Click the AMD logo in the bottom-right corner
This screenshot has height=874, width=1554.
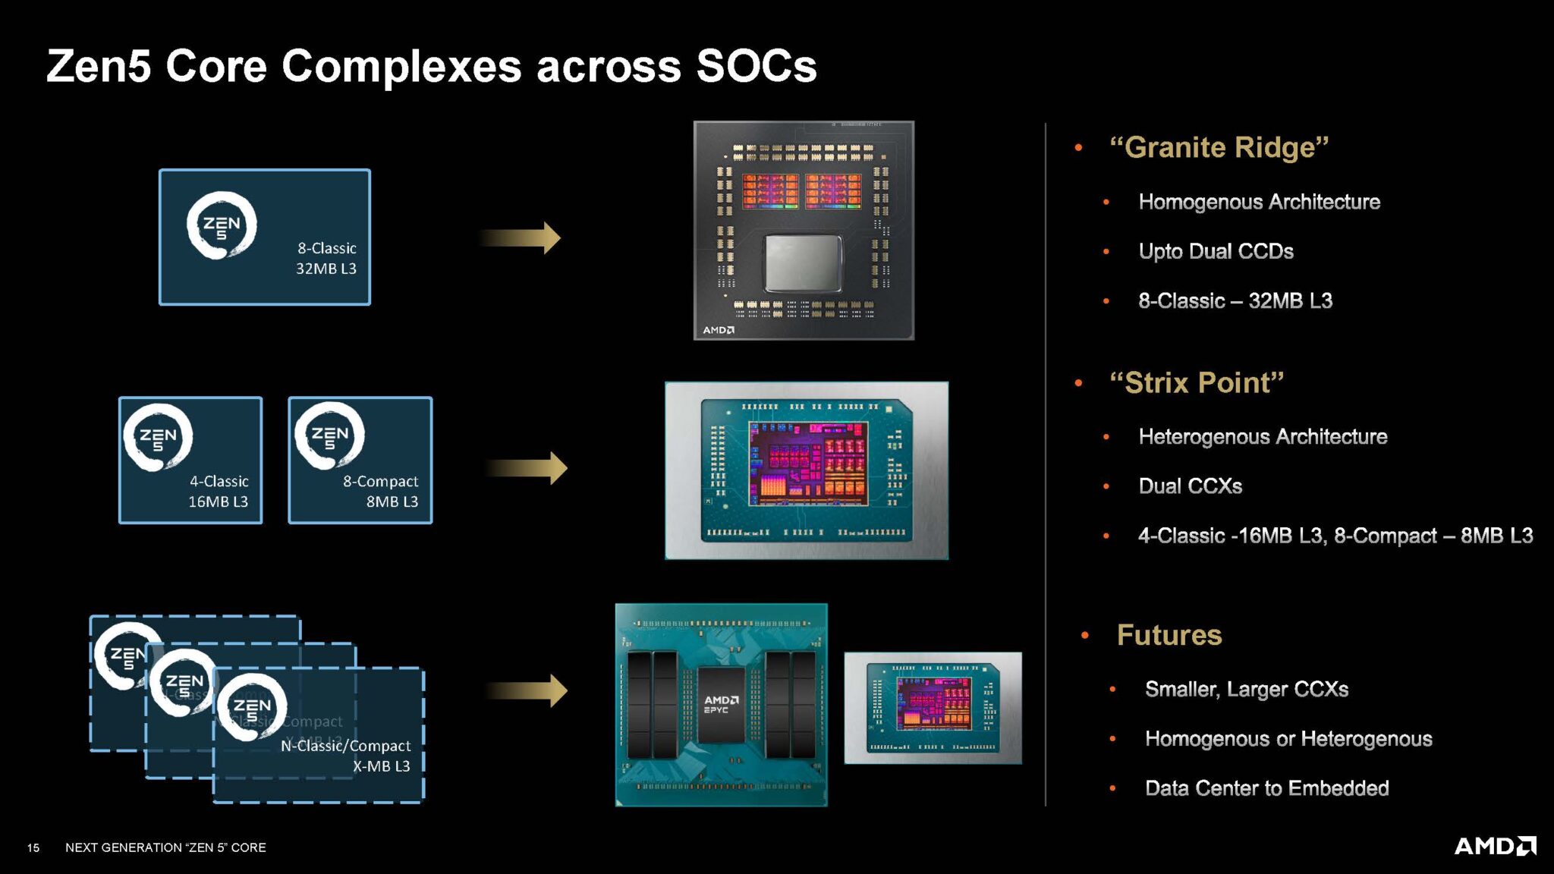click(1494, 846)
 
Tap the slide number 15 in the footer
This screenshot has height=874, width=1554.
click(33, 847)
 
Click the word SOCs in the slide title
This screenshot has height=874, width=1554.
click(756, 66)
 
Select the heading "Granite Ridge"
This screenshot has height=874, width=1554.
click(1219, 147)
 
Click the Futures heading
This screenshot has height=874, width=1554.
click(1169, 635)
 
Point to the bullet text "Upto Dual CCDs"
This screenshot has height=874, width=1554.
click(1216, 251)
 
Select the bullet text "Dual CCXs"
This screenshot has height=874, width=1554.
click(1190, 486)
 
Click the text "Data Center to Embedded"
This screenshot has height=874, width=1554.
click(1266, 788)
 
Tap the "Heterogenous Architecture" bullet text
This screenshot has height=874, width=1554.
click(1263, 437)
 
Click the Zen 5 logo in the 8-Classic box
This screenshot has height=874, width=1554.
click(222, 225)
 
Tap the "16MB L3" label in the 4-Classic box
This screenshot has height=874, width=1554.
click(219, 501)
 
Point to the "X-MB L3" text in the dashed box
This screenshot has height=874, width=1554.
click(381, 766)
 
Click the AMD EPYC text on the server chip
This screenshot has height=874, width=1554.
click(720, 705)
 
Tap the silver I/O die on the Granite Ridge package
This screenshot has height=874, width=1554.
click(803, 263)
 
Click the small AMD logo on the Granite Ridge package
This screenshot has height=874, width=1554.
click(718, 330)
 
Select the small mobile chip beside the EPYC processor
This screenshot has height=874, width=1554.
click(933, 708)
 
